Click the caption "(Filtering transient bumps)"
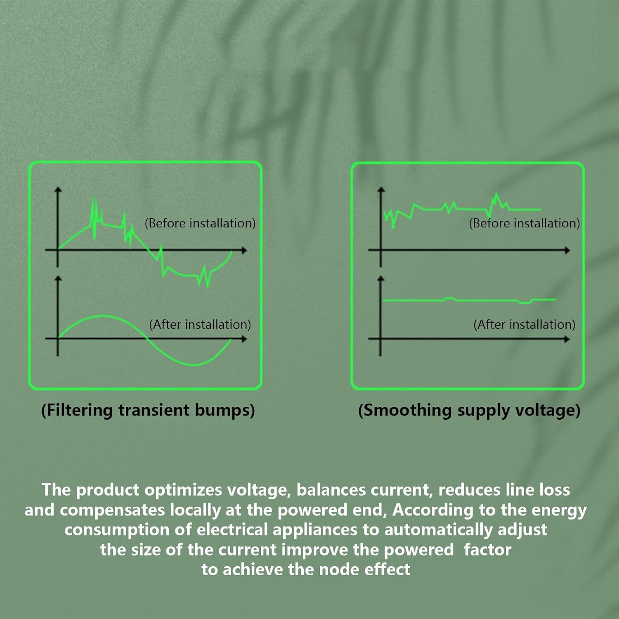(148, 410)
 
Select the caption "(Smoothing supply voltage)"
(469, 410)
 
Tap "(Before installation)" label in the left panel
(200, 223)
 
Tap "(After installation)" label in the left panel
(200, 325)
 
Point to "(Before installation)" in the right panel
(524, 223)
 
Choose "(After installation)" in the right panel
(524, 325)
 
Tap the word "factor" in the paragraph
(487, 550)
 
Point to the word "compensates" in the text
(112, 510)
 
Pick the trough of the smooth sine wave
(194, 365)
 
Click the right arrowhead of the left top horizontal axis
(244, 250)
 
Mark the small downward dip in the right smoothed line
(524, 302)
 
